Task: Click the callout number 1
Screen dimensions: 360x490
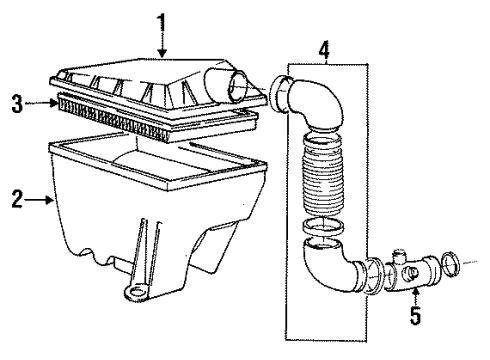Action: coord(160,20)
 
